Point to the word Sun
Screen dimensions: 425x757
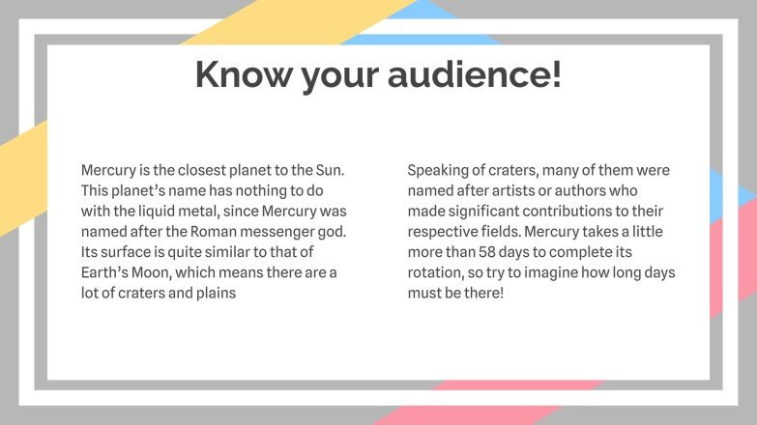pos(331,170)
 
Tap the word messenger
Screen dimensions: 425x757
pos(270,232)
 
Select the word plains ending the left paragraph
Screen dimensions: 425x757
pos(215,294)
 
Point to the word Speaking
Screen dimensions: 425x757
pos(439,170)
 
